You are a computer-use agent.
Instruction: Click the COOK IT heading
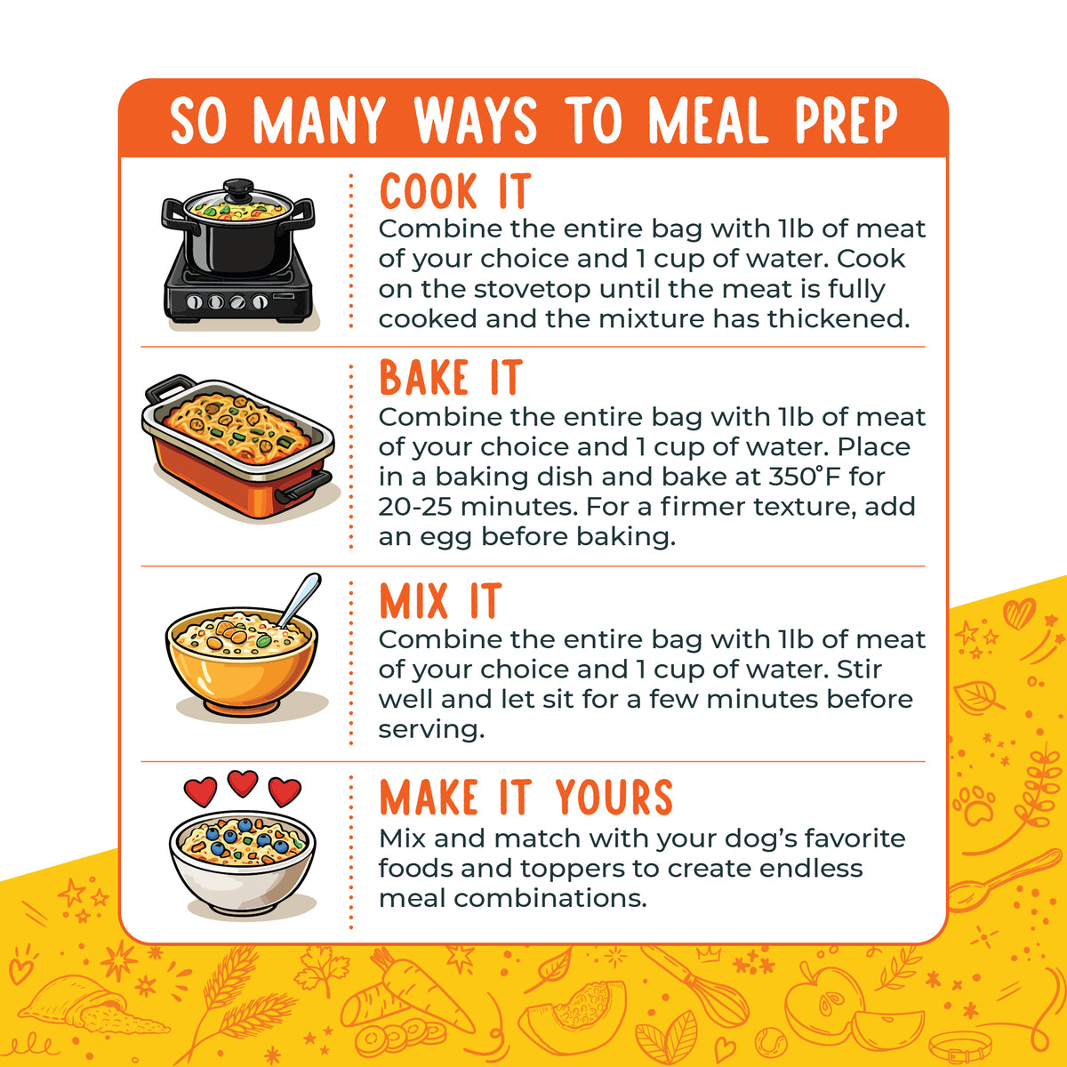pyautogui.click(x=455, y=191)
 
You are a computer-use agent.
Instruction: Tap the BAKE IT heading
pyautogui.click(x=451, y=377)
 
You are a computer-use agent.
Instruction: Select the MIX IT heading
pyautogui.click(x=440, y=600)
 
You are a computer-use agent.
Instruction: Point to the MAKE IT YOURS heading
pyautogui.click(x=526, y=798)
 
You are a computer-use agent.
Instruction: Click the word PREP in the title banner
pyautogui.click(x=846, y=121)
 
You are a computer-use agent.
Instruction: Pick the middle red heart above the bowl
pyautogui.click(x=243, y=783)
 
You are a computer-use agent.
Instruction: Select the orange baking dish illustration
pyautogui.click(x=239, y=447)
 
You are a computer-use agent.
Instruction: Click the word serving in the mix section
pyautogui.click(x=431, y=731)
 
